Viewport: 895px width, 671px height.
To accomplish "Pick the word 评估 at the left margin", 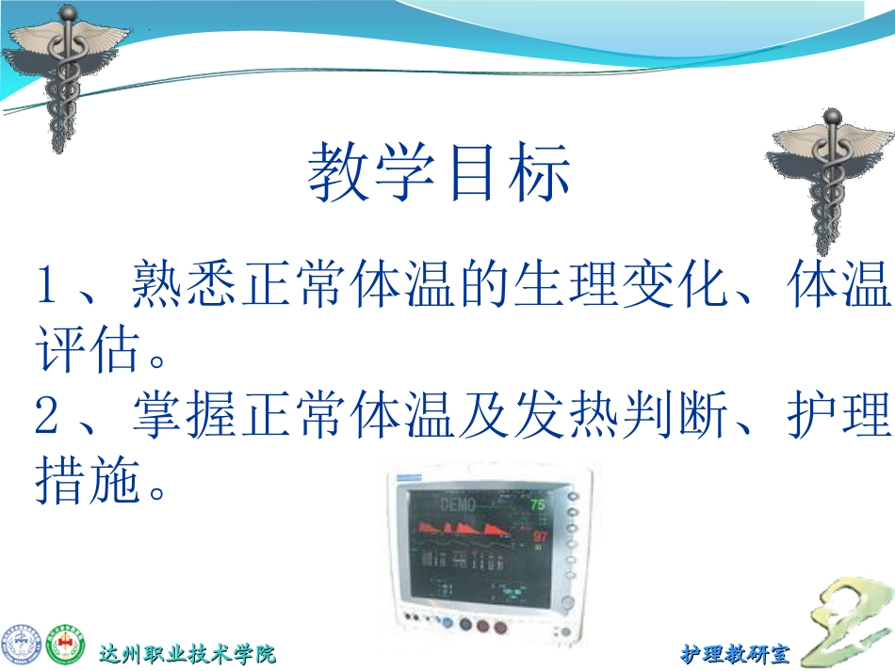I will click(x=80, y=351).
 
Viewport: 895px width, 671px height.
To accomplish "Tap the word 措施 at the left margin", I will click(x=80, y=481).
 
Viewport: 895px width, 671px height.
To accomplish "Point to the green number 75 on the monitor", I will click(x=538, y=504).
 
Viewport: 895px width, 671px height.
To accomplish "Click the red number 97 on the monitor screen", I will click(x=540, y=536).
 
